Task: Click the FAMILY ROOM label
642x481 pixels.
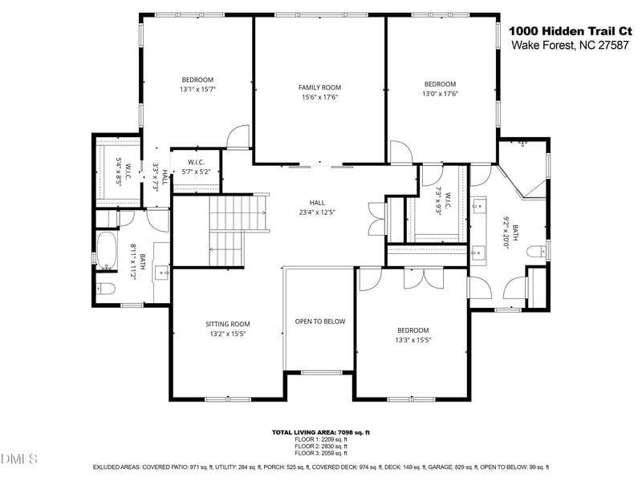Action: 319,87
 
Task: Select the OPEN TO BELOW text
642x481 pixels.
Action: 319,321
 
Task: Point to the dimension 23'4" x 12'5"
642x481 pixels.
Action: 317,212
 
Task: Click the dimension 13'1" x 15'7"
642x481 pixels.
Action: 197,90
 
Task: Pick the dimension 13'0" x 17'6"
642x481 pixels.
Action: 440,94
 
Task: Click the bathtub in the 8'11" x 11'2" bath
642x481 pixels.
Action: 107,249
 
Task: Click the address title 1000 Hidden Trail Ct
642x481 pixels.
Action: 570,30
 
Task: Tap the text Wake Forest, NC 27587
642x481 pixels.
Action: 570,45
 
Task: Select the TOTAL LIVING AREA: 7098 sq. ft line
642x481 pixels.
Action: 320,433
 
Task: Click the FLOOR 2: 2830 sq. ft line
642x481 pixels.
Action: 320,446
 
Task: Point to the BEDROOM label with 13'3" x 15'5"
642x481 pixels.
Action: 413,330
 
